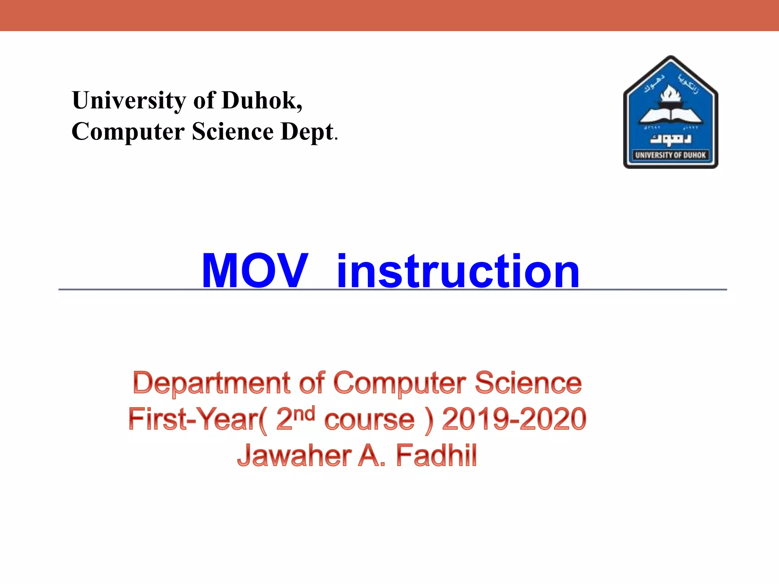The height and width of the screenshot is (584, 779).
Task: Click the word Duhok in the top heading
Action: tap(262, 100)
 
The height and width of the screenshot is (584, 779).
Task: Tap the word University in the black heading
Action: tap(129, 101)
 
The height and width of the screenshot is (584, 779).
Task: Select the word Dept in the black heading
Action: tap(307, 132)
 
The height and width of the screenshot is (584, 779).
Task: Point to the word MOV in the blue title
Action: tap(254, 271)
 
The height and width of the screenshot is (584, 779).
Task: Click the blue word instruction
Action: tap(458, 271)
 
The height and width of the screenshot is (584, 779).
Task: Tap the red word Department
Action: tap(211, 383)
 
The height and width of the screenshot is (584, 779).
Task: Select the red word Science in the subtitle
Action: tap(528, 382)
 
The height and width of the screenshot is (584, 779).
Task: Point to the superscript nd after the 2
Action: tap(305, 413)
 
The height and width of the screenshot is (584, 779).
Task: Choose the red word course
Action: tap(369, 420)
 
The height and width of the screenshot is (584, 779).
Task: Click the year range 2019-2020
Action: tap(514, 419)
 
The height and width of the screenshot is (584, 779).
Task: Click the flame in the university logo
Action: tap(670, 93)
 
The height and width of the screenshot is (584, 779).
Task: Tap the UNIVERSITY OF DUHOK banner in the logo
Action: tap(670, 155)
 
